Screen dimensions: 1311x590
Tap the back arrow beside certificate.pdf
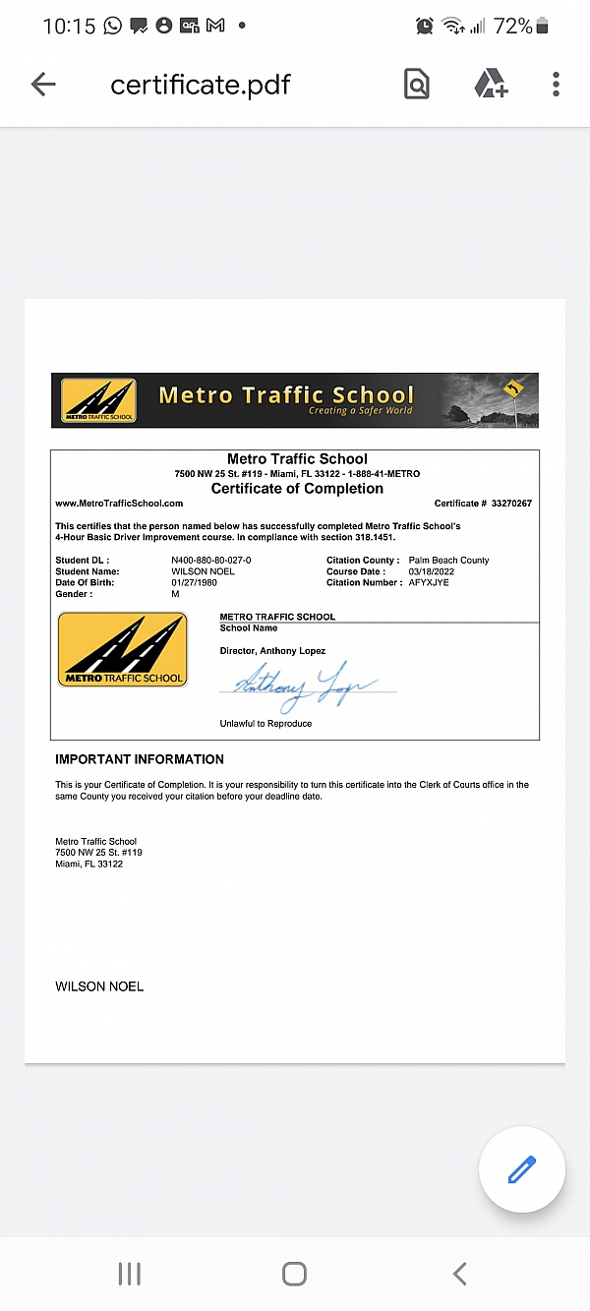click(43, 85)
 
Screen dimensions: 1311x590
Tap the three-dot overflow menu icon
click(556, 85)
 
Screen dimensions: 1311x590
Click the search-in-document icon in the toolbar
click(417, 85)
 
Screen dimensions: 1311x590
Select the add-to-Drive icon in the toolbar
click(491, 85)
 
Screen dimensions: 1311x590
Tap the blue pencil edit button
click(521, 1169)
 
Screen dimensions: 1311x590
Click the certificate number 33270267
click(511, 504)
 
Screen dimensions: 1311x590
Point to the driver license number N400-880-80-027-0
click(211, 561)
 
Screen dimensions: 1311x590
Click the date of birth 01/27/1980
click(193, 583)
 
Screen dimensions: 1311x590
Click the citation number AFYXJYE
click(429, 583)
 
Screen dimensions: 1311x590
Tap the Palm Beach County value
click(448, 561)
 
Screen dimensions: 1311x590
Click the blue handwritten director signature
click(300, 684)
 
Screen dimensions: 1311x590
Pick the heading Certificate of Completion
click(297, 489)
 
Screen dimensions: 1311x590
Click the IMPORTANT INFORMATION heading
click(140, 759)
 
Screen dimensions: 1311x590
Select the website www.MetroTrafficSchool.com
click(119, 504)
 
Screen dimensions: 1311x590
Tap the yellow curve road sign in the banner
click(511, 389)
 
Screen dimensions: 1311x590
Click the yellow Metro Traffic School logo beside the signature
click(122, 649)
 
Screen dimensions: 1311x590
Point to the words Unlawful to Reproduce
click(265, 724)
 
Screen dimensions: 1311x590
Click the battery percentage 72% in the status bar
click(512, 26)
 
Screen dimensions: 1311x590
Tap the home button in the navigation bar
click(294, 1274)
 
